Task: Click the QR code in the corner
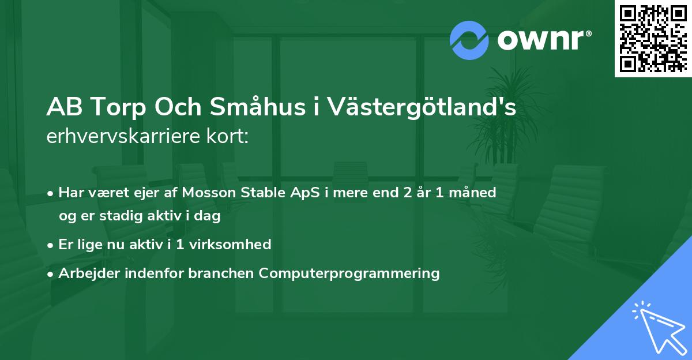(652, 39)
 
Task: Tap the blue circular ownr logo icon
(469, 40)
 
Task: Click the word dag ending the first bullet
(209, 217)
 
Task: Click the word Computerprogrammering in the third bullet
(349, 273)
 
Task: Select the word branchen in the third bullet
(221, 273)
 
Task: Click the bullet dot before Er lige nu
(51, 245)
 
